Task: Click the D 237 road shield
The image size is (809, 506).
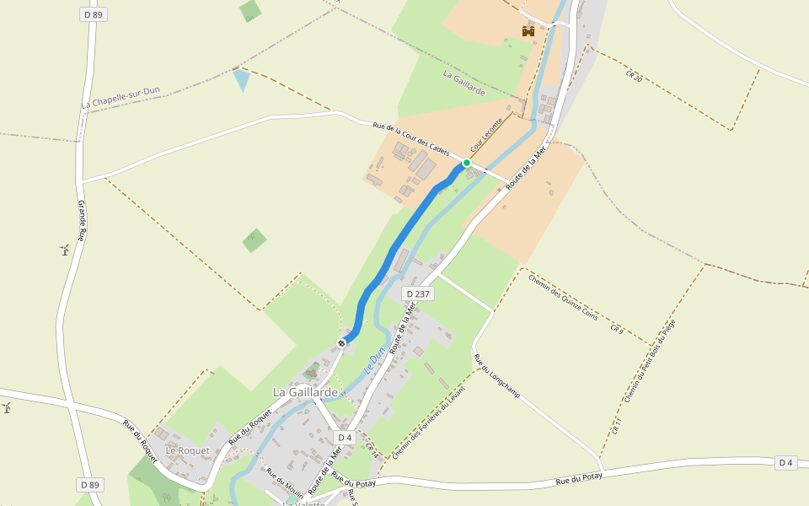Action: pyautogui.click(x=417, y=293)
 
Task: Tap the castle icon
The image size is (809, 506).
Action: pyautogui.click(x=528, y=31)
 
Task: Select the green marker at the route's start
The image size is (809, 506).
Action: pyautogui.click(x=466, y=163)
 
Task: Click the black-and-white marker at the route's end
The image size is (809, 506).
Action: pyautogui.click(x=342, y=343)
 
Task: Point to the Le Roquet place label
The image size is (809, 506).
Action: pyautogui.click(x=187, y=451)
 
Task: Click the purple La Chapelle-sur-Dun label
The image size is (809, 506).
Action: pyautogui.click(x=121, y=98)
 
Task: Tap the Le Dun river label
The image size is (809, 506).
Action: pyautogui.click(x=374, y=361)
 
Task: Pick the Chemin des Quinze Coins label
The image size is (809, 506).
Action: pyautogui.click(x=563, y=296)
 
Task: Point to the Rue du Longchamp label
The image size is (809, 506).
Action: pyautogui.click(x=497, y=376)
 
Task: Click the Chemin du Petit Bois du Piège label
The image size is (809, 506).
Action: pyautogui.click(x=650, y=361)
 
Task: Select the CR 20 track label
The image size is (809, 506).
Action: pyautogui.click(x=634, y=78)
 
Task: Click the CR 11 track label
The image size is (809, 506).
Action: pyautogui.click(x=617, y=427)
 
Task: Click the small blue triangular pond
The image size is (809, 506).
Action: pyautogui.click(x=242, y=79)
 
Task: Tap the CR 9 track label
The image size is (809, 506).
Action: pyautogui.click(x=616, y=329)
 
